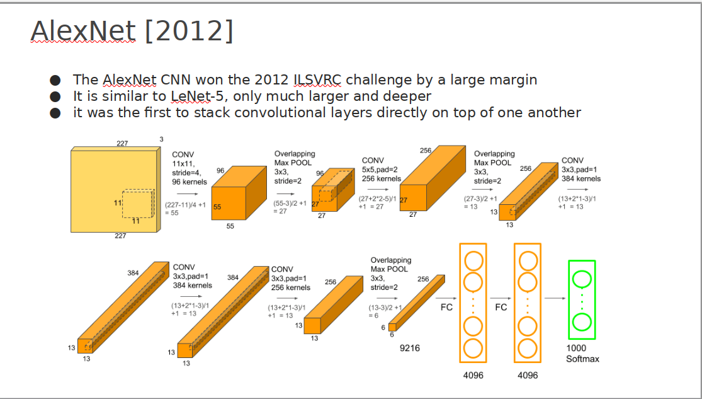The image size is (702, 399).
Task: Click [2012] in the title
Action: click(189, 31)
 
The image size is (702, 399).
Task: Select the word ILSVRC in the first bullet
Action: click(317, 79)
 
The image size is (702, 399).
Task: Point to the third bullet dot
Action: click(55, 113)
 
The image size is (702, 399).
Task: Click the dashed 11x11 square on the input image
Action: click(139, 204)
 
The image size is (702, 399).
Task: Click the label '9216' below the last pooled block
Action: click(410, 348)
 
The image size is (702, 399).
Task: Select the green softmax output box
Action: click(582, 299)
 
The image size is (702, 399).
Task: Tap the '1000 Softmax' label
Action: click(582, 353)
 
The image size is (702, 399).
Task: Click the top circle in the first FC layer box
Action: click(473, 260)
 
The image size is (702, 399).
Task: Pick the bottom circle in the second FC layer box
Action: click(528, 349)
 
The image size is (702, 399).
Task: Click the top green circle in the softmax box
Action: click(582, 279)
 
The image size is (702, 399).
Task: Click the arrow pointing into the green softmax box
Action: click(555, 298)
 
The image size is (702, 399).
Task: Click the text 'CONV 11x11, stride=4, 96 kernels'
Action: click(190, 168)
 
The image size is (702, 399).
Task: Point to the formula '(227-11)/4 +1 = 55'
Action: click(185, 209)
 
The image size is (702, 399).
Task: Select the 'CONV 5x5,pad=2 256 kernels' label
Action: click(382, 170)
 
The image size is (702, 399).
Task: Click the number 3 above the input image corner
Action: click(162, 139)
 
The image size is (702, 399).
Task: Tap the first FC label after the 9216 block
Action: click(446, 307)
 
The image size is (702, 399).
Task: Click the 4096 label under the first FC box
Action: click(473, 375)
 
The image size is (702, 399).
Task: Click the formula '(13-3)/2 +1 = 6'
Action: click(385, 311)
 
